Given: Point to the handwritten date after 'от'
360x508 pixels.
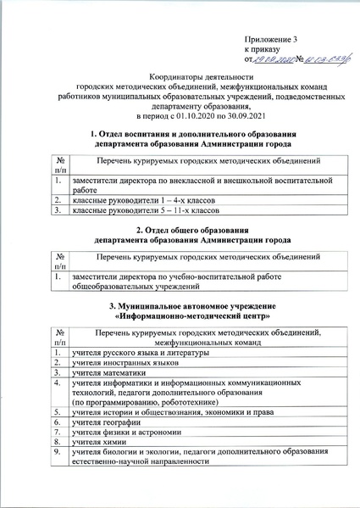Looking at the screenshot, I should (274, 59).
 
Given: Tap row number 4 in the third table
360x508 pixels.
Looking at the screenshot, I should (56, 382).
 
